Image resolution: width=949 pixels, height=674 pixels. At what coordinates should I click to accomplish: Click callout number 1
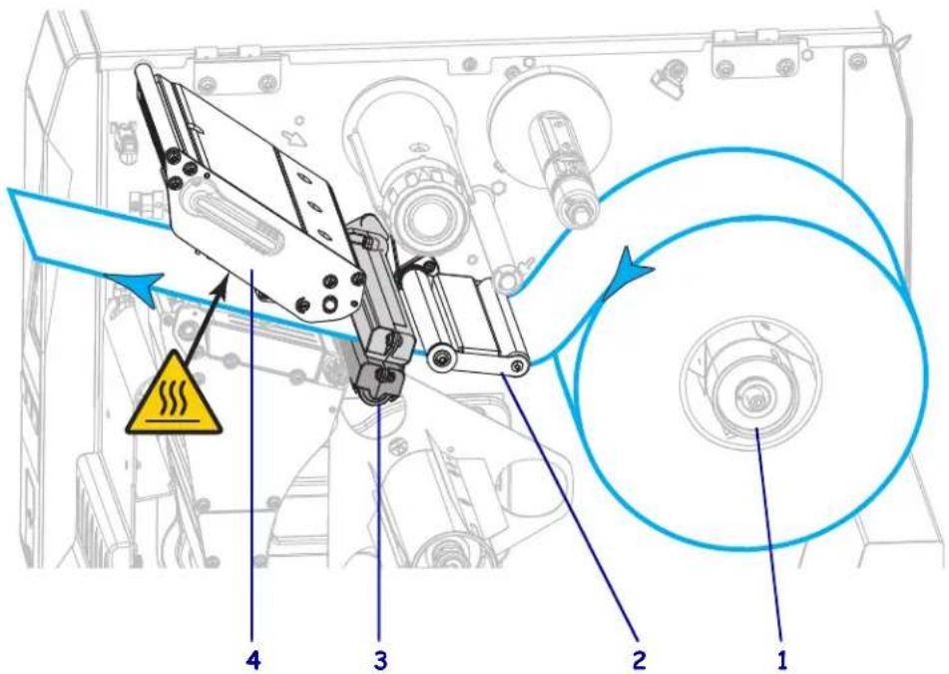[x=781, y=658]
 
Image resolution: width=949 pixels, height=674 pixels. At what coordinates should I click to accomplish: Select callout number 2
[x=639, y=659]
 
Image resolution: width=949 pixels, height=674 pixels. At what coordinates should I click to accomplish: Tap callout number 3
[x=380, y=659]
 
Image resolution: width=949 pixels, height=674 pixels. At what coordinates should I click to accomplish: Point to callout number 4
[x=253, y=659]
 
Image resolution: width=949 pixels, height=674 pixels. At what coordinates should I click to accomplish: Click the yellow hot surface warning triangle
[x=175, y=396]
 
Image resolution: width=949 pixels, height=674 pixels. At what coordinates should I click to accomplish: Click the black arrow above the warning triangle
[x=206, y=320]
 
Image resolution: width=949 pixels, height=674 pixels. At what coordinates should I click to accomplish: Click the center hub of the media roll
[x=749, y=396]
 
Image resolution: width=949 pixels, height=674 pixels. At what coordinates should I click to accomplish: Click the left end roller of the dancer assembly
[x=441, y=357]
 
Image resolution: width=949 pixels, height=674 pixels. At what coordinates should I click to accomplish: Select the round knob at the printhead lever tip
[x=144, y=70]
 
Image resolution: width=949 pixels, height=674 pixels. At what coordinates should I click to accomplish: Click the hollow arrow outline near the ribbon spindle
[x=295, y=138]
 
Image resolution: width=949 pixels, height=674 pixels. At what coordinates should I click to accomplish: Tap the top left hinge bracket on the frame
[x=237, y=69]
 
